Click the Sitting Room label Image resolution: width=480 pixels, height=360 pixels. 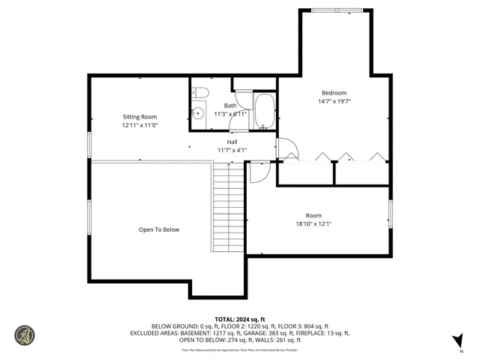pos(139,116)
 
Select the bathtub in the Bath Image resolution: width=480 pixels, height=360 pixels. pos(265,112)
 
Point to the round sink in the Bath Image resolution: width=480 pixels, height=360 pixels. pos(197,114)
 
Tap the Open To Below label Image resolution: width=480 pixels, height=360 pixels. pos(159,229)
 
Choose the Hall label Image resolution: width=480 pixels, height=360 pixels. pos(233,141)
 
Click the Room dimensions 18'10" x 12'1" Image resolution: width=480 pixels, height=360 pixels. pos(313,223)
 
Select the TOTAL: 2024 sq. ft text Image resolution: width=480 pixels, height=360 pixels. pos(240,318)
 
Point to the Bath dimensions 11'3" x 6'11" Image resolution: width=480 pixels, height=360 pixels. pos(230,114)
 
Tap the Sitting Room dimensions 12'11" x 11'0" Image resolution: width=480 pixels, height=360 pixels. pos(139,125)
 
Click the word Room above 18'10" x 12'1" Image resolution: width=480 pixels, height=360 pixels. pos(313,214)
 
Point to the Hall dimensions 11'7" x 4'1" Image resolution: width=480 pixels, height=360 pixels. pos(232,150)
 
